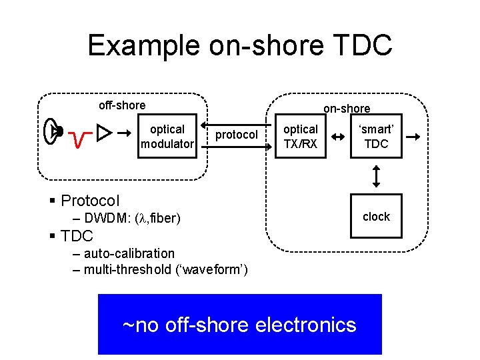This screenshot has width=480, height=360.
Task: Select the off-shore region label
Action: pos(122,105)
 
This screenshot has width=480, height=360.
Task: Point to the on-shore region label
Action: pos(347,108)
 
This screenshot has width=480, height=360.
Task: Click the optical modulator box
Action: pos(167,136)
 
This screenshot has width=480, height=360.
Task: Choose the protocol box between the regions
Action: pos(236,135)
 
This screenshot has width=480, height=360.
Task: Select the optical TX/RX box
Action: pos(301,136)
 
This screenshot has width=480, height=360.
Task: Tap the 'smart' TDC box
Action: pos(377,136)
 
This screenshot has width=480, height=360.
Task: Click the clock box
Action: pos(376,217)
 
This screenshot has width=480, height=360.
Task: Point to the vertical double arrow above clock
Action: pos(377,176)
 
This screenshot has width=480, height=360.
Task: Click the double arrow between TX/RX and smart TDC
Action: pos(339,137)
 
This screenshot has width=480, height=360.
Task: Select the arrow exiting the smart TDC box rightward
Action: pos(413,137)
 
